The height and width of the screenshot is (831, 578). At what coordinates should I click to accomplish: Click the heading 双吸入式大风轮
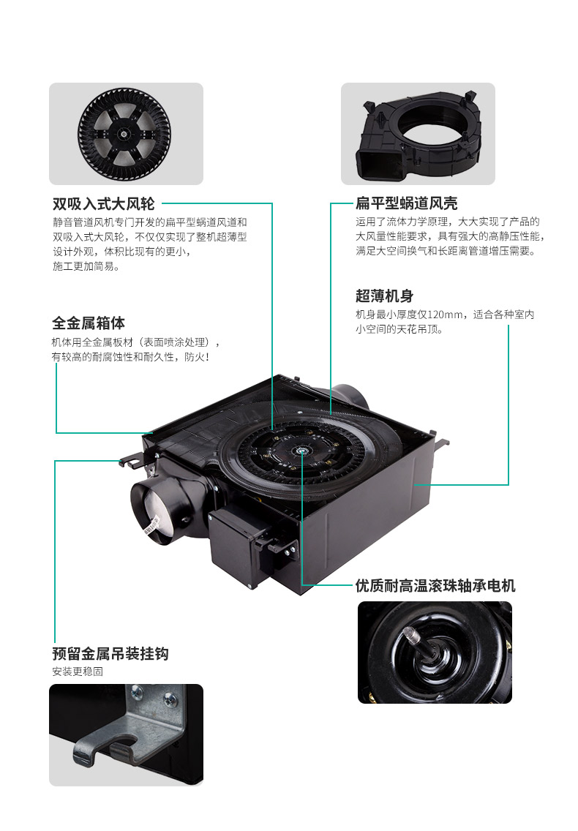[103, 203]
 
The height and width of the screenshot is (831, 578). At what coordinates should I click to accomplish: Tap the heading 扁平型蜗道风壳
[406, 203]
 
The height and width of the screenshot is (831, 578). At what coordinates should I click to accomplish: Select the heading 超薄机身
[384, 296]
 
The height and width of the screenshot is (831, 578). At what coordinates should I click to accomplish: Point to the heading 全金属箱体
[89, 323]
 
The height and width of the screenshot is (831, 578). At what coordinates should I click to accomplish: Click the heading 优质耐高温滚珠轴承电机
[435, 586]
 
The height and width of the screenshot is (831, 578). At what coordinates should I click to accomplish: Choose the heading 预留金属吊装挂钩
[110, 653]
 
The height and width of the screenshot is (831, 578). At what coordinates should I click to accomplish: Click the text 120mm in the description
[445, 315]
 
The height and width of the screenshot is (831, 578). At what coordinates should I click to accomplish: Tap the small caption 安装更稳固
[78, 672]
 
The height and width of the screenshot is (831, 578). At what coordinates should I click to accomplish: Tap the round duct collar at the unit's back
[350, 398]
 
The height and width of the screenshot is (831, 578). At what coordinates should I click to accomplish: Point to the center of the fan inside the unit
[301, 451]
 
